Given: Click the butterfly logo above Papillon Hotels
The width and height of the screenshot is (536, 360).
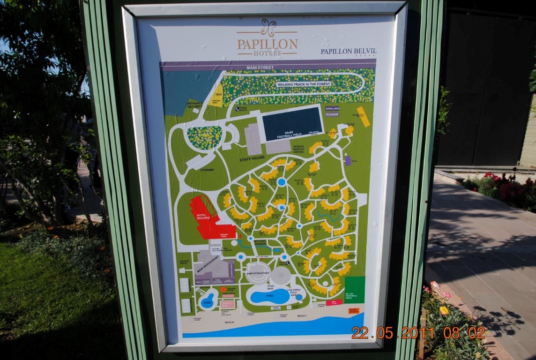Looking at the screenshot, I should click(x=268, y=27).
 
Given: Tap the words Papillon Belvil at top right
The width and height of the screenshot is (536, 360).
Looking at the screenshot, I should click(x=348, y=51).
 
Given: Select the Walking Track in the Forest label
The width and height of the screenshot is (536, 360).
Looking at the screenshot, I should click(x=304, y=84).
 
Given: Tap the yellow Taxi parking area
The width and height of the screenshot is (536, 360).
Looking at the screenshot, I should click(x=216, y=96).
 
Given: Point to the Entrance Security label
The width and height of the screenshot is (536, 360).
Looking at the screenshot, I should click(x=195, y=105).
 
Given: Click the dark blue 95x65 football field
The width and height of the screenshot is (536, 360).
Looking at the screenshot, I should click(x=291, y=123).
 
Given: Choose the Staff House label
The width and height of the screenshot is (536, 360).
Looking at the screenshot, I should click(x=252, y=158).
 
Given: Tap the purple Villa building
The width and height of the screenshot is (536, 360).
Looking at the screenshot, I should click(x=348, y=161).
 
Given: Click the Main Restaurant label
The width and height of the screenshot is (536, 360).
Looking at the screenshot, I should click(x=208, y=264).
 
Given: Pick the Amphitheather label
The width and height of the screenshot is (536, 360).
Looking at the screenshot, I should click(x=258, y=273).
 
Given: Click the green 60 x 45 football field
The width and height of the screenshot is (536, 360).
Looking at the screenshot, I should click(x=355, y=289).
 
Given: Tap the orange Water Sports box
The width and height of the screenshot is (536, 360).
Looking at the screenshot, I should click(x=353, y=310).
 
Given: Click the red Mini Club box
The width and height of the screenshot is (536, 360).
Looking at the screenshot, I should click(x=335, y=303).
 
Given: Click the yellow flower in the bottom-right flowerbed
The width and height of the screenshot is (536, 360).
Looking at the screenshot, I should click(x=444, y=310).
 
